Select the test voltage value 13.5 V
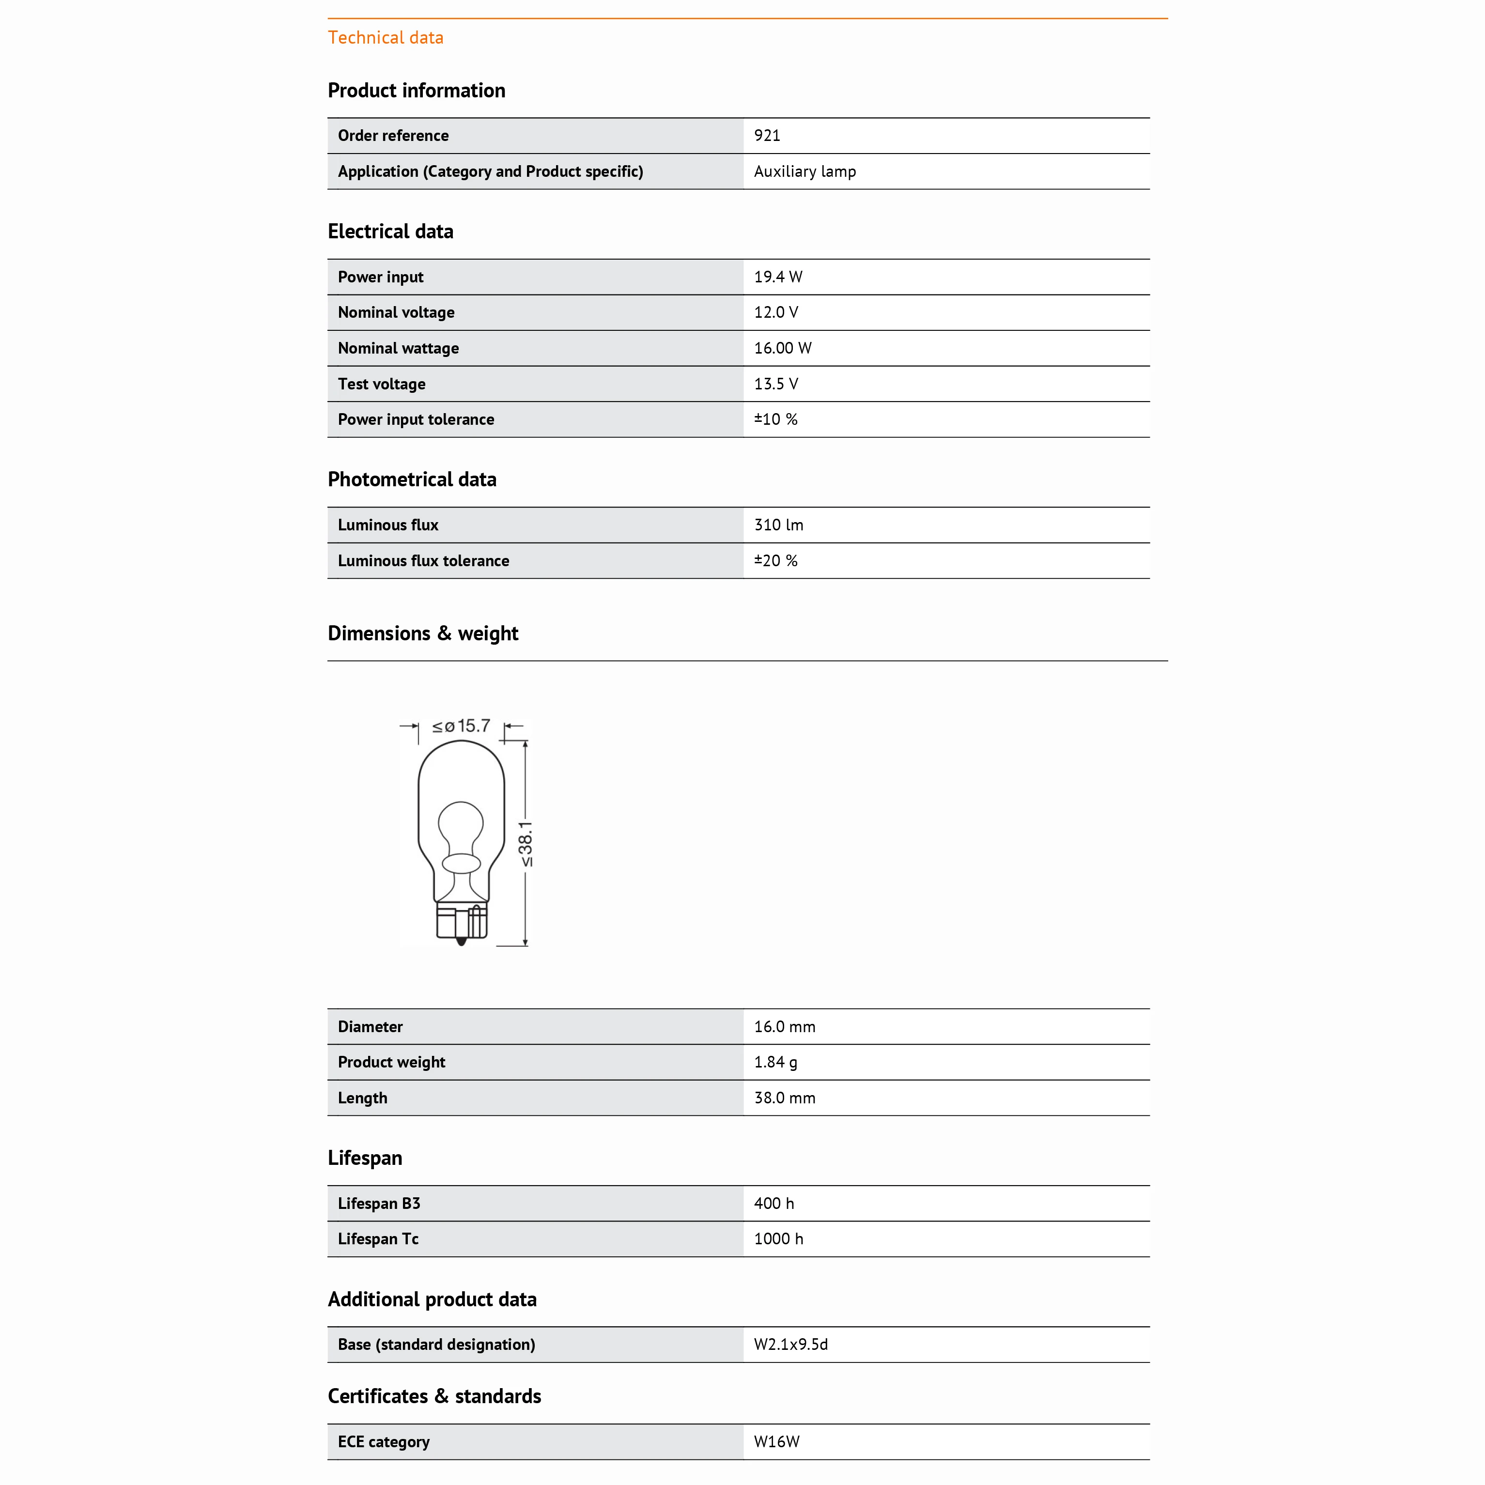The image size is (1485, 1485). pos(775,384)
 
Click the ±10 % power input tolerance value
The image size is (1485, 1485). pos(775,419)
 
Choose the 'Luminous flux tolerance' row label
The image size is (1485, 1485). pos(423,561)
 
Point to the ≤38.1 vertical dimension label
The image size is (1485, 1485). pos(526,843)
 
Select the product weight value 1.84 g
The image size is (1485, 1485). pos(775,1062)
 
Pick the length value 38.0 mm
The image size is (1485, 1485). pos(784,1098)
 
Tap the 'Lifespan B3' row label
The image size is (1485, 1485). pos(378,1204)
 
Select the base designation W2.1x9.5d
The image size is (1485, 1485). pos(790,1345)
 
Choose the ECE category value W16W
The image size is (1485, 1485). pos(776,1442)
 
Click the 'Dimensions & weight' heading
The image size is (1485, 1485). pos(423,634)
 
